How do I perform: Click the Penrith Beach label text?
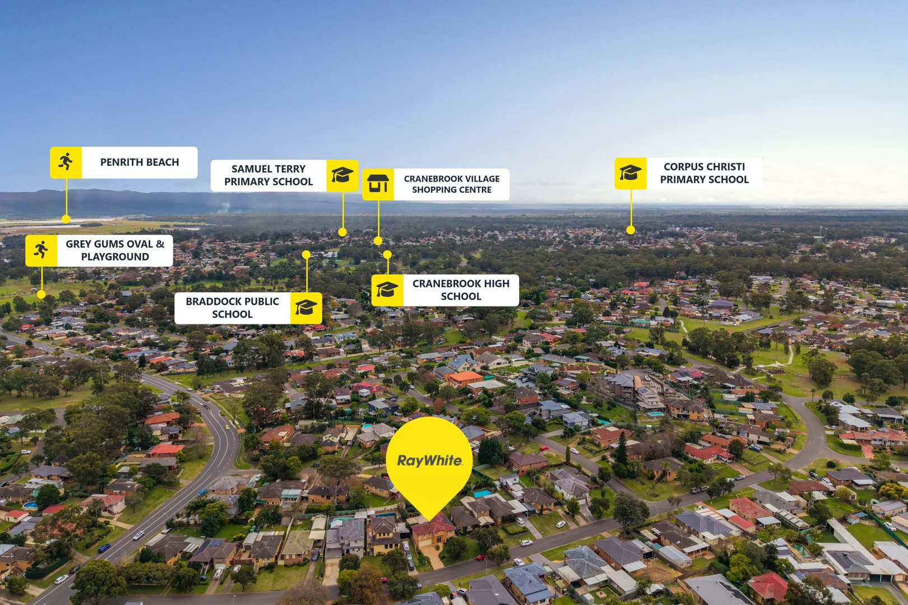click(140, 162)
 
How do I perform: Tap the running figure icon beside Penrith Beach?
click(66, 162)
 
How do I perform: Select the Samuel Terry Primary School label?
click(268, 175)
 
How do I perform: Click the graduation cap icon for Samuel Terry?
click(342, 175)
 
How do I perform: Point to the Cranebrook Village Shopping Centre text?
click(452, 184)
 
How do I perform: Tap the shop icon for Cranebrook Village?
click(378, 184)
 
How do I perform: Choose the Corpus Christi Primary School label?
click(704, 173)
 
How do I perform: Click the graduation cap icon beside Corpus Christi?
click(631, 173)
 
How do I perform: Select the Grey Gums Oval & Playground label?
click(115, 250)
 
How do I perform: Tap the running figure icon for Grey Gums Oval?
click(41, 250)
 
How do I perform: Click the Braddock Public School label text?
click(232, 308)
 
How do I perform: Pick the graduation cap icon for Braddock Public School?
click(306, 308)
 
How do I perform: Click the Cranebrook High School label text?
click(461, 290)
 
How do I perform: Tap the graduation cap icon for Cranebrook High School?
click(387, 290)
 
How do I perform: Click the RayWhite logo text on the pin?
click(429, 460)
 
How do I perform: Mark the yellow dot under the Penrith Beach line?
click(66, 219)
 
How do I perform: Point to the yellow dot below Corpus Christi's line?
click(631, 230)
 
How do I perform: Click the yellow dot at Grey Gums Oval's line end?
click(41, 294)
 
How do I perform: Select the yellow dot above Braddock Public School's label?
click(306, 254)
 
